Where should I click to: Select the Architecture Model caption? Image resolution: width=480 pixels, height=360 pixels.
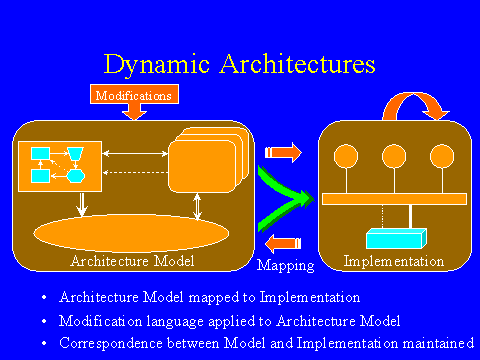[x=132, y=261]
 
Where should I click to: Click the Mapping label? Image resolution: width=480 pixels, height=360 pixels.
[x=285, y=266]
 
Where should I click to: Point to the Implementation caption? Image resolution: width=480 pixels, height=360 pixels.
[x=393, y=261]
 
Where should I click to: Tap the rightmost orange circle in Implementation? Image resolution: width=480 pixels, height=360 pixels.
[x=441, y=156]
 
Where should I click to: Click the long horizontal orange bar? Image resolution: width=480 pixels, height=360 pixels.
[x=394, y=198]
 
